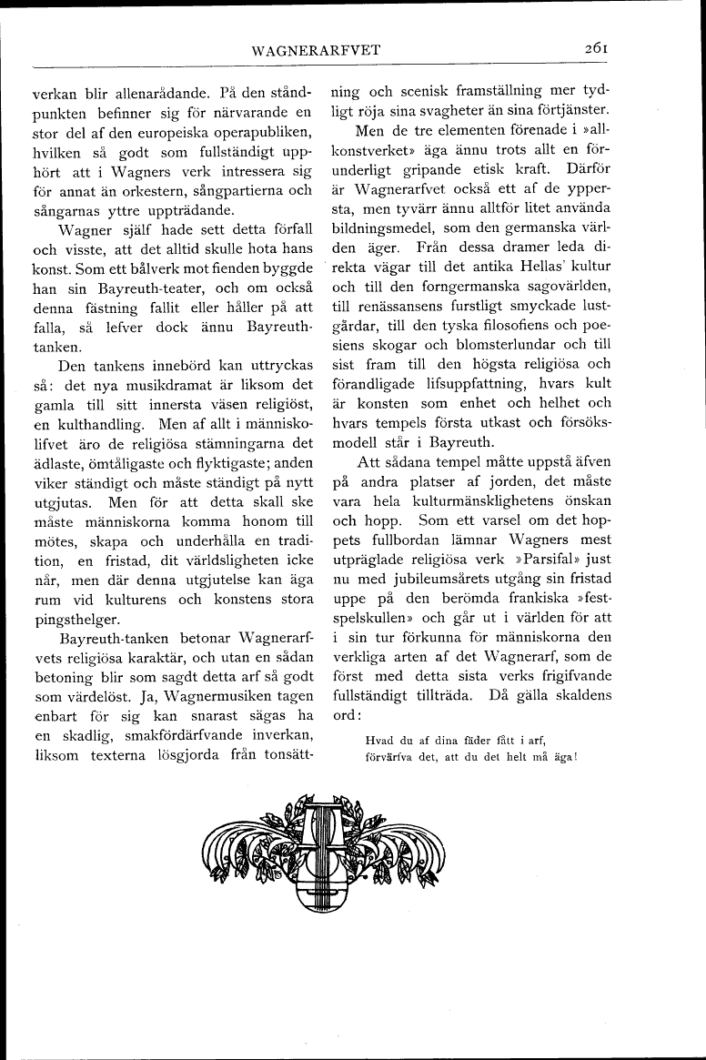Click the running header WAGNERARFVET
(317, 50)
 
